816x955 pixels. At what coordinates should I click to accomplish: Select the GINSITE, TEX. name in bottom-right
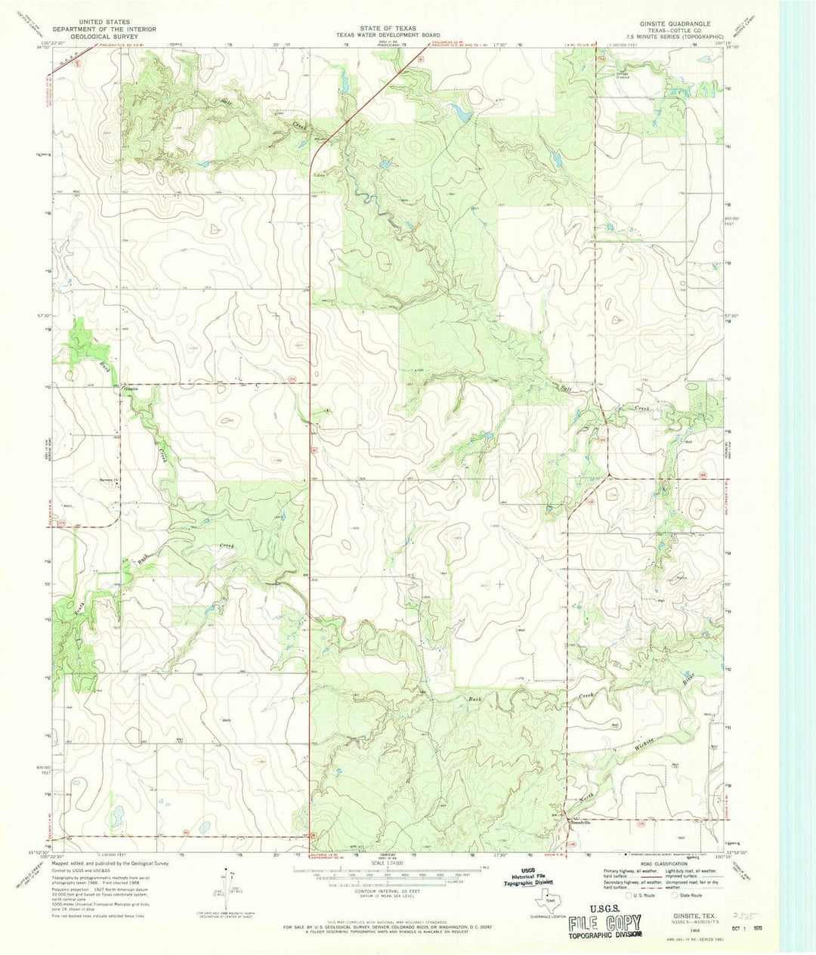pos(682,913)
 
